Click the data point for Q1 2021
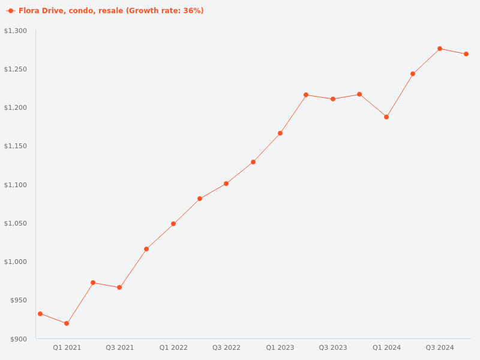click(x=67, y=323)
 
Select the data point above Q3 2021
click(x=119, y=287)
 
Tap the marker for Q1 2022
click(x=173, y=224)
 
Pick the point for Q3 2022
click(x=226, y=184)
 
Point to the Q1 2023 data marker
click(x=280, y=133)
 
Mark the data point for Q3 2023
click(x=333, y=99)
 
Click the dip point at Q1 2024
click(x=386, y=117)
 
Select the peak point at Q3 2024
click(x=440, y=49)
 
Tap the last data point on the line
click(x=466, y=54)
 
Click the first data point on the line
click(x=40, y=314)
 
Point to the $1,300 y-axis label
click(x=16, y=31)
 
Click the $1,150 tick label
click(x=16, y=146)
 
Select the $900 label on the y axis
click(x=18, y=339)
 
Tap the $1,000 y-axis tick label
click(x=16, y=262)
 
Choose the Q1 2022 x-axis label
click(x=173, y=347)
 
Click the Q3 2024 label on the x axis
click(x=440, y=347)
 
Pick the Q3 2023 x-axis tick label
click(x=333, y=347)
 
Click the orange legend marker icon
click(x=11, y=11)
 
